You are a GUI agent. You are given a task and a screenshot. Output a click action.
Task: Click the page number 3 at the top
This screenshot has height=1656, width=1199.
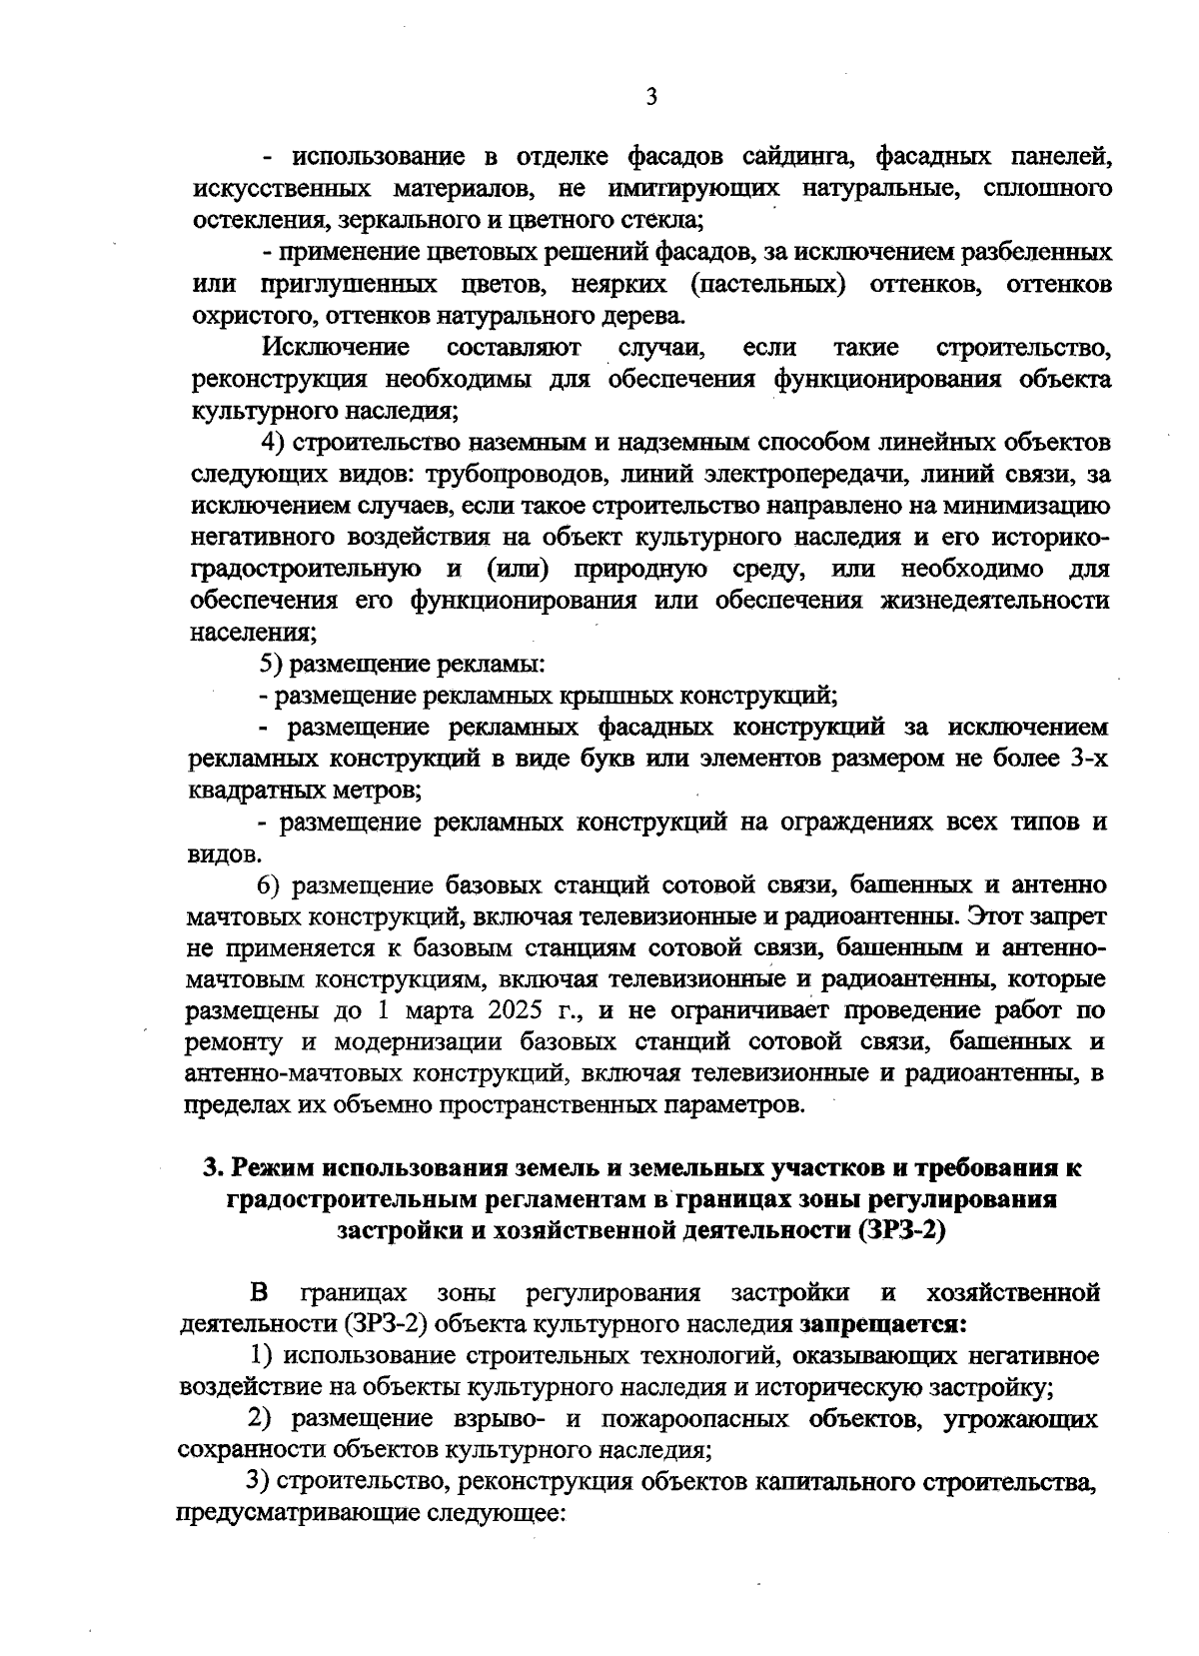click(650, 97)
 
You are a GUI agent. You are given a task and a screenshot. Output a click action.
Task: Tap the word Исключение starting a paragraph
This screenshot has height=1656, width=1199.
click(337, 348)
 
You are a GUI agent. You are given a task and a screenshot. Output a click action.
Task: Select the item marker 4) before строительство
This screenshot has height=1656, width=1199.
click(275, 443)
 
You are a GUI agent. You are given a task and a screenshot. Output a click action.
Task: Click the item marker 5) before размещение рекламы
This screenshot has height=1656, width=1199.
click(272, 664)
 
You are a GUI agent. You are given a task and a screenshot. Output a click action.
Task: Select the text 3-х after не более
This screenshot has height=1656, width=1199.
click(1087, 759)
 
